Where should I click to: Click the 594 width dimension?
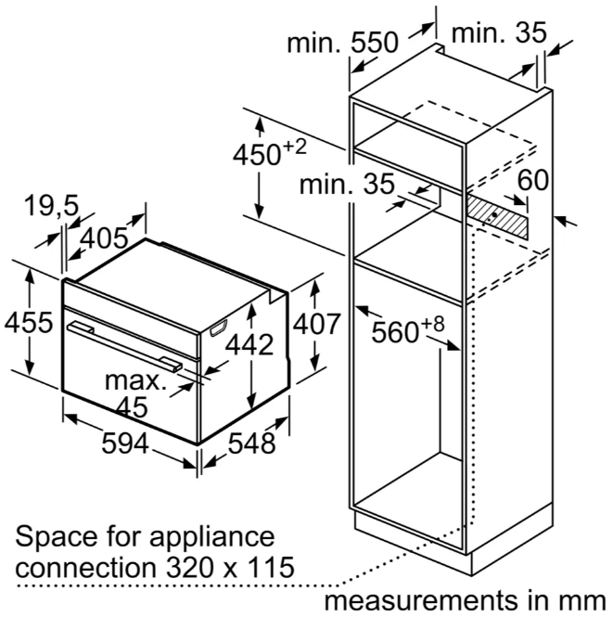pos(125,443)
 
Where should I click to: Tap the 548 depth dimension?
pos(251,443)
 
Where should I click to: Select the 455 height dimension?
pos(29,322)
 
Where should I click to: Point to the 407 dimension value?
pos(316,324)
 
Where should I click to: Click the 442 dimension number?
pos(249,345)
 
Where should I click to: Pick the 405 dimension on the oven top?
pos(105,238)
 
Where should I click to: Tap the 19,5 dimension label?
pos(51,205)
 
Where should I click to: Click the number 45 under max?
pos(133,407)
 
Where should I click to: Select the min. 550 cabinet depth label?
pos(342,43)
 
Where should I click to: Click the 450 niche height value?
pos(257,155)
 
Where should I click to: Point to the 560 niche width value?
pos(395,332)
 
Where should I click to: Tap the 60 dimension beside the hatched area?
pos(532,180)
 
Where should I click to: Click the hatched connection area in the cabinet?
pos(497,216)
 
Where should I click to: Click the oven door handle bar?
pos(125,346)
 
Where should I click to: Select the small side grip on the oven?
pos(219,328)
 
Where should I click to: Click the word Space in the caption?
pos(57,537)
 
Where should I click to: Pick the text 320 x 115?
pos(230,567)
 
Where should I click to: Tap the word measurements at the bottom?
pos(420,600)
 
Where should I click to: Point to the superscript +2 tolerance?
pos(294,148)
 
